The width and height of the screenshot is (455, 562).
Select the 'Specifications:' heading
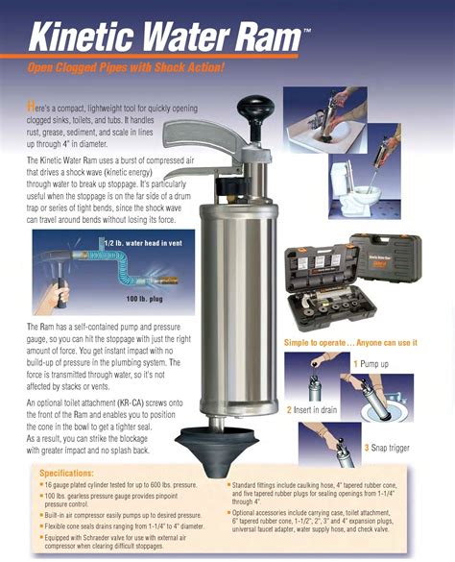point(71,473)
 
